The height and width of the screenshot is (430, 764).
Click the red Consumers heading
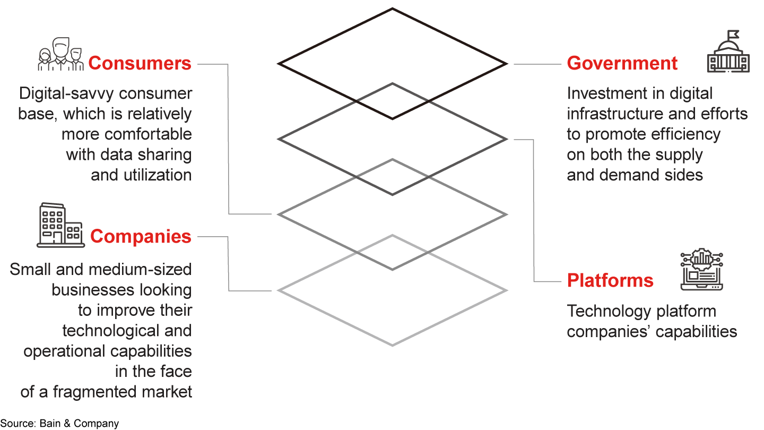click(x=140, y=64)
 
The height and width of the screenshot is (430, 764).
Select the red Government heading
click(x=622, y=64)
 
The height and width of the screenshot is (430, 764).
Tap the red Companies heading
click(x=141, y=237)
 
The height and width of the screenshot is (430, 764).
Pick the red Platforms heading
click(x=610, y=280)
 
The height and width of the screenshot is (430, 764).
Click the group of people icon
click(x=60, y=54)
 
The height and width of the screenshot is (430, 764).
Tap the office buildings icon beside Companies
click(x=60, y=225)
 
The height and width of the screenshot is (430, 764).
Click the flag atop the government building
click(x=733, y=35)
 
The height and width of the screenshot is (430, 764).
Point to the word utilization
click(x=158, y=175)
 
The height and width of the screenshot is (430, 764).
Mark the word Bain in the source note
click(x=50, y=423)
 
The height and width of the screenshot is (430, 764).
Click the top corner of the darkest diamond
click(x=392, y=8)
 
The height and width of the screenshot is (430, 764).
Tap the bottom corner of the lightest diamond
click(x=392, y=346)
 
